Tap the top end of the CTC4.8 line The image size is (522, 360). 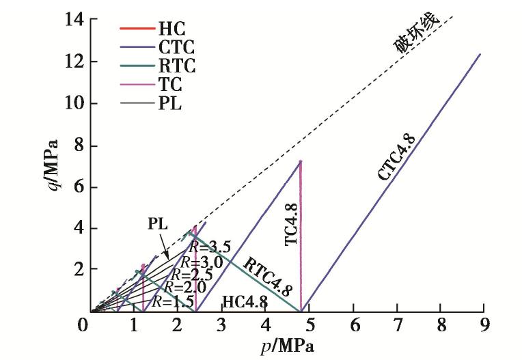pos(480,54)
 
